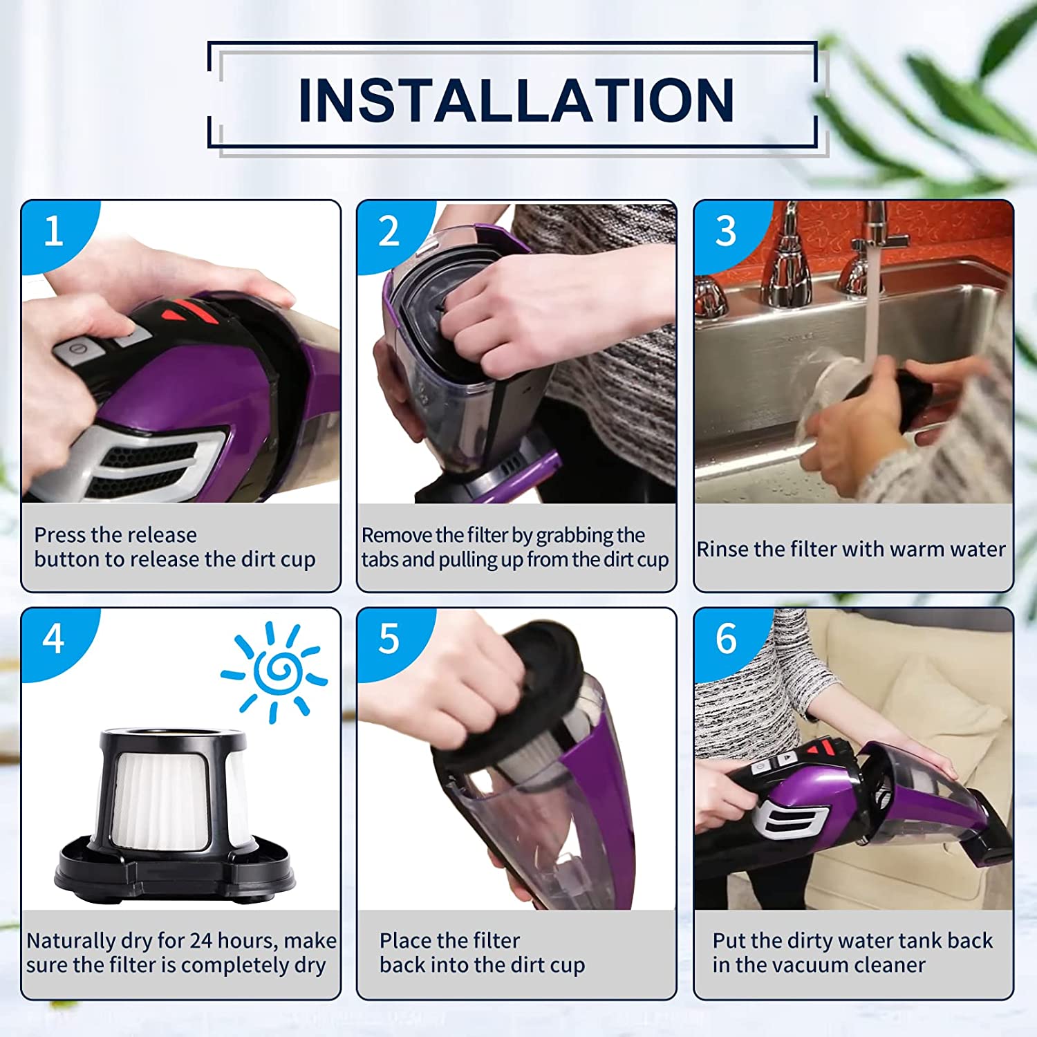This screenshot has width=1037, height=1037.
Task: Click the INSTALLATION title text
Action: tap(516, 100)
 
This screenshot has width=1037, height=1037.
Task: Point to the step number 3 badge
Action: tap(726, 231)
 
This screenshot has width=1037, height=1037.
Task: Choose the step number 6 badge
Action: tap(726, 639)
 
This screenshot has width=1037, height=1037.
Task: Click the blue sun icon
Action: tap(274, 671)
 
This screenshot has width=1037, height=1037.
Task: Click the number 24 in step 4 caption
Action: tap(201, 940)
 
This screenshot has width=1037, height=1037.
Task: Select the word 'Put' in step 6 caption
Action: tap(729, 940)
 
